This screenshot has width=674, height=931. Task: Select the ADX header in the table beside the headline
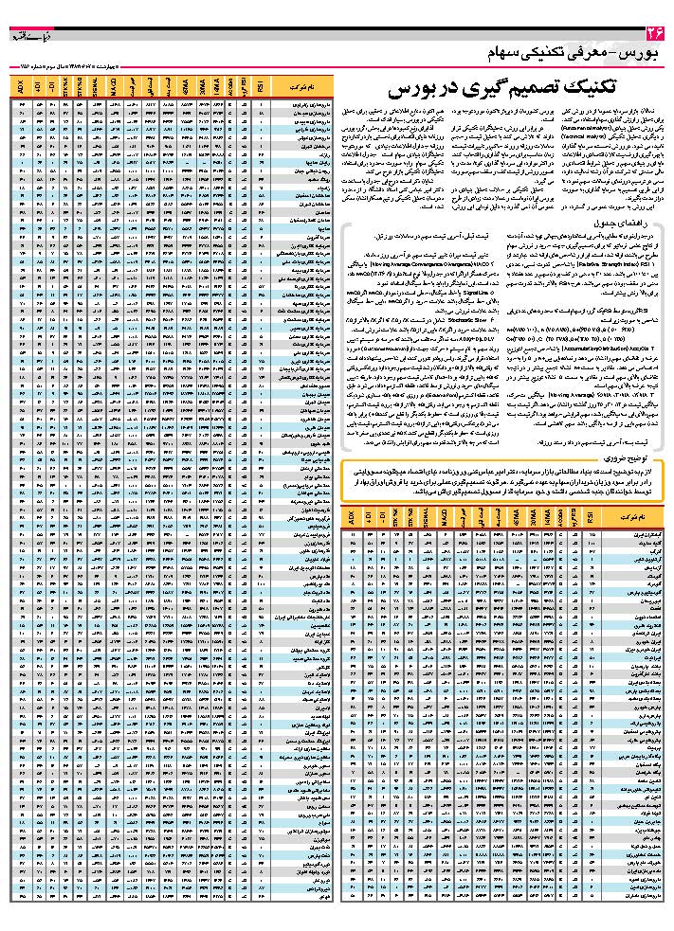(20, 88)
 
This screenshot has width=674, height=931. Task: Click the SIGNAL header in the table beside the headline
(95, 88)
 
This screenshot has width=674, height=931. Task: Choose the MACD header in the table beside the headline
(113, 88)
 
